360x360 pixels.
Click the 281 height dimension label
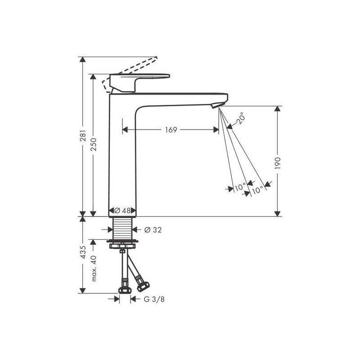83,136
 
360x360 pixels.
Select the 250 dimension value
94,144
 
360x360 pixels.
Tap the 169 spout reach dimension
171,130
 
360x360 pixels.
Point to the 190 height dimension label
278,163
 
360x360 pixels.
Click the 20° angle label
240,118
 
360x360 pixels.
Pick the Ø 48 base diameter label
122,210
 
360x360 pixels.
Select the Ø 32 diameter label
153,229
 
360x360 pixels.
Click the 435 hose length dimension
83,252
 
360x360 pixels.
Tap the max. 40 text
94,268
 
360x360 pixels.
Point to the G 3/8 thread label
154,299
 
